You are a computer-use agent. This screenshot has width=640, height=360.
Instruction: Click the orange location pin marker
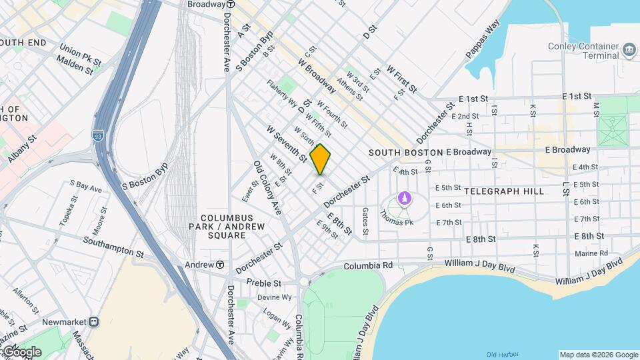coord(321,159)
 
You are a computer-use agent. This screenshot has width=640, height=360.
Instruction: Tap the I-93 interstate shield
coord(99,135)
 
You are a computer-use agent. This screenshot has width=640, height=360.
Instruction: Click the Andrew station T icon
coord(219,265)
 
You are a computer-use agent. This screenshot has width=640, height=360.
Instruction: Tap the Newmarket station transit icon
coord(94,321)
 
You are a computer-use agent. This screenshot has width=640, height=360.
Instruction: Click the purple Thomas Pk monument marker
coord(404,198)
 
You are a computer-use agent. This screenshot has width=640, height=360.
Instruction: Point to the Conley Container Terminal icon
coord(629,49)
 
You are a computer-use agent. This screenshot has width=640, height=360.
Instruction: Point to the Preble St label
coord(264,283)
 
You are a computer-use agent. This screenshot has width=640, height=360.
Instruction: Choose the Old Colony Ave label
coord(268,188)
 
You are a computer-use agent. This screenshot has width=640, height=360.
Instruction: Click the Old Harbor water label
coord(502,354)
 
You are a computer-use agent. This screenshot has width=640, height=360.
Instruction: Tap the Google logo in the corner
coord(21,351)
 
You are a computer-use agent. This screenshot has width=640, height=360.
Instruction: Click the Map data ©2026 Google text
coord(598,355)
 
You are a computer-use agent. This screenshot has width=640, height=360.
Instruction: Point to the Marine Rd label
coord(591,253)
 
